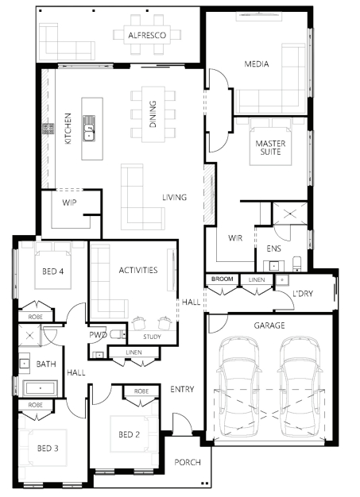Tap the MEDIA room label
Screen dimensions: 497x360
pyautogui.click(x=257, y=64)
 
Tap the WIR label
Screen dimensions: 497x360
pyautogui.click(x=235, y=237)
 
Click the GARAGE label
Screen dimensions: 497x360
pyautogui.click(x=269, y=325)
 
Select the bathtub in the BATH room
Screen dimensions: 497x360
pyautogui.click(x=40, y=388)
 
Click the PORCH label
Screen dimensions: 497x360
pyautogui.click(x=188, y=462)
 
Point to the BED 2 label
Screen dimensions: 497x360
pyautogui.click(x=129, y=434)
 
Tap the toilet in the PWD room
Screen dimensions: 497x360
pyautogui.click(x=115, y=333)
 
